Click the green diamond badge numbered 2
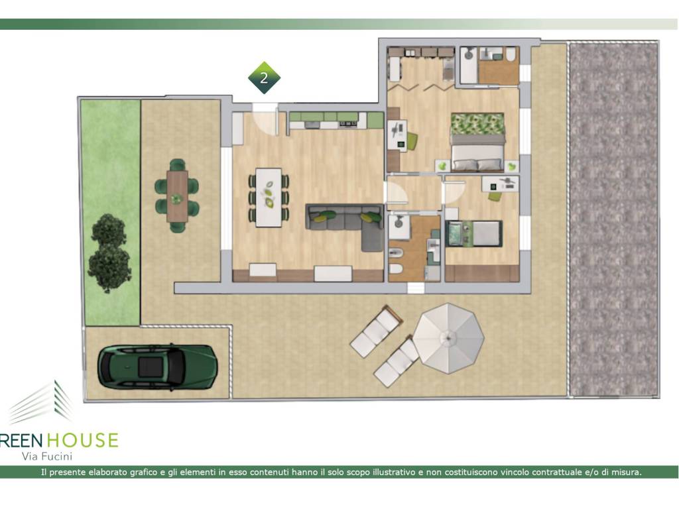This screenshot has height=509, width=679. (x=264, y=78)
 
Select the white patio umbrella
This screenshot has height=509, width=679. (x=448, y=338)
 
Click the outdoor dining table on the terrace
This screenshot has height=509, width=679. (x=177, y=196)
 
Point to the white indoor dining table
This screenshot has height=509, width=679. (x=269, y=198)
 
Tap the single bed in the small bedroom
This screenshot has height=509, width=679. (x=473, y=233)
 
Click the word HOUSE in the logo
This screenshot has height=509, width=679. (x=82, y=440)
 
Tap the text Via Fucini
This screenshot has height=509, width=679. (x=47, y=456)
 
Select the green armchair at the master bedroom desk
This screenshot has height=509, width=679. (x=411, y=141)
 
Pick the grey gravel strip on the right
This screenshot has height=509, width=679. (x=613, y=219)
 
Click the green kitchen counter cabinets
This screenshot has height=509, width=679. (x=336, y=117)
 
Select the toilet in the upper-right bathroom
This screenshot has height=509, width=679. (x=511, y=54)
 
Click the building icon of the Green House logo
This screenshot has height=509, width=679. (x=42, y=402)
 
